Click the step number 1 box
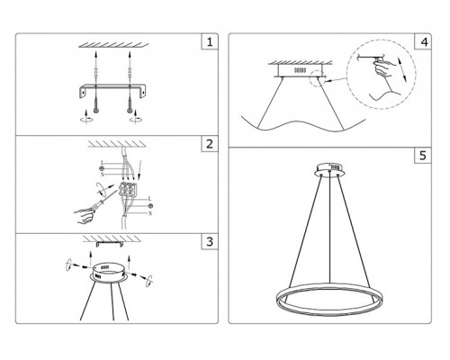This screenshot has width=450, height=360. (210, 41)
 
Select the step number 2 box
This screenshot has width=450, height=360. (210, 144)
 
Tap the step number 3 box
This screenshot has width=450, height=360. (210, 241)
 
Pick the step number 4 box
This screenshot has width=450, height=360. (423, 41)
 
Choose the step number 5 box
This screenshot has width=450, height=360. (423, 156)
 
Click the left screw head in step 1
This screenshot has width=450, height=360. (95, 111)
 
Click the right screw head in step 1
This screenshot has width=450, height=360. (130, 111)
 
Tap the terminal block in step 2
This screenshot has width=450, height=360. (128, 189)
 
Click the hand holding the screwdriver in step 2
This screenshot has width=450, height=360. (84, 215)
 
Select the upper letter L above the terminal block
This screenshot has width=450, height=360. (103, 163)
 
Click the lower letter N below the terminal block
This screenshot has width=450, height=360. (150, 213)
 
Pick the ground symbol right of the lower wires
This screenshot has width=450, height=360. (150, 206)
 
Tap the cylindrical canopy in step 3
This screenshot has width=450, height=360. (110, 273)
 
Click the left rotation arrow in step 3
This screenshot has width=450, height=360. (69, 265)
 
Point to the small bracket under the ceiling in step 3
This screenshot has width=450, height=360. (110, 244)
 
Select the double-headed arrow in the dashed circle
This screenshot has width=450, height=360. (402, 69)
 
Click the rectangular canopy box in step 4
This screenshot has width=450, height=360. (300, 71)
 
